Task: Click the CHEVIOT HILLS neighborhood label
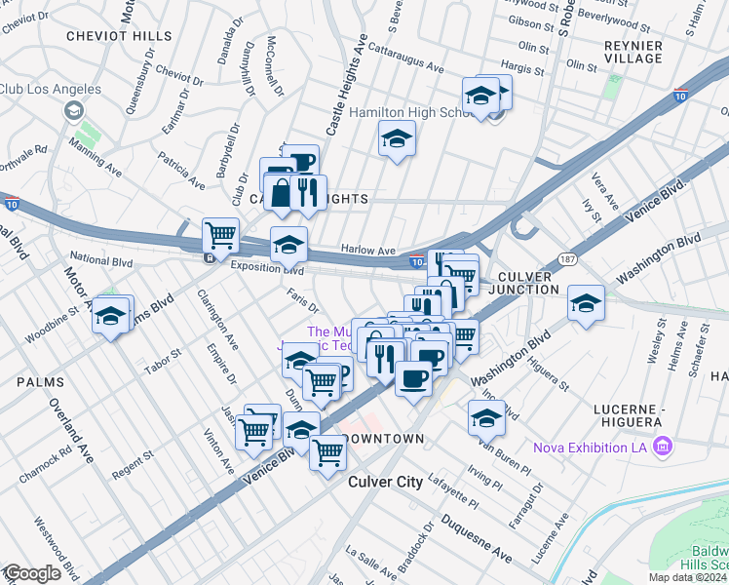[x=119, y=35]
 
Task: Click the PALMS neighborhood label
[x=40, y=382]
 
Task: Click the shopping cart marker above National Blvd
[x=221, y=234]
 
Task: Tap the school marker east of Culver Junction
[x=586, y=302]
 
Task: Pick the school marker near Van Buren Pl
[x=486, y=416]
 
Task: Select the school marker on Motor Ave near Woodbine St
[x=113, y=315]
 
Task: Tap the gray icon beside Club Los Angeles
[x=74, y=111]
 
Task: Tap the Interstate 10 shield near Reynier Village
[x=680, y=96]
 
